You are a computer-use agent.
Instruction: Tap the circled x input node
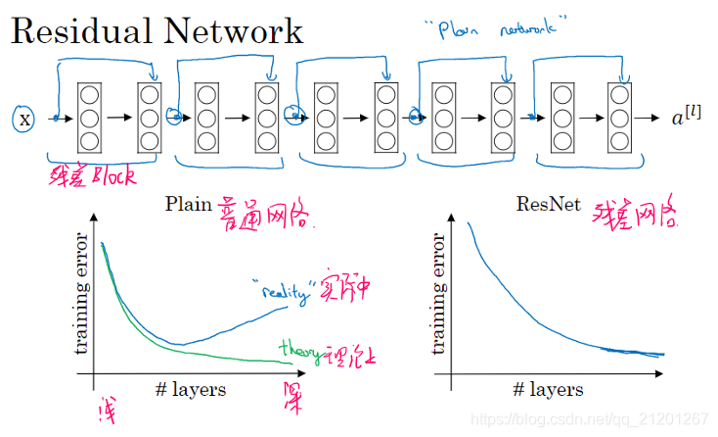(25, 119)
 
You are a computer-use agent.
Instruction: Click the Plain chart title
(189, 204)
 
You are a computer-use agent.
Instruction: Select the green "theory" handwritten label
(300, 349)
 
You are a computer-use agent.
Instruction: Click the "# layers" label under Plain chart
(190, 389)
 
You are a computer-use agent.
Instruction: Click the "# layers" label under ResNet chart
(548, 389)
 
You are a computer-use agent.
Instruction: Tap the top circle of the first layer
(89, 96)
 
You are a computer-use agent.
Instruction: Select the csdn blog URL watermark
(589, 418)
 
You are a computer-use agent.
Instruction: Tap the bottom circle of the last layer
(618, 140)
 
